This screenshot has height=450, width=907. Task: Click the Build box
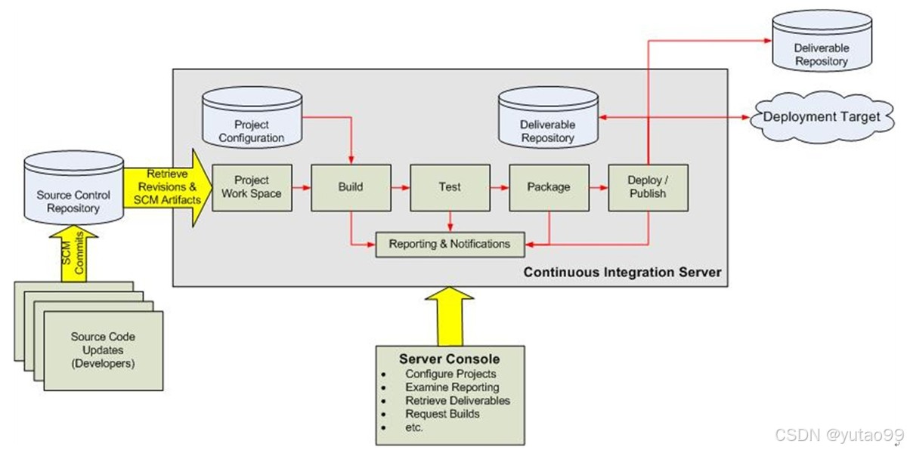coord(350,186)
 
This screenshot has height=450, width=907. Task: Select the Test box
coord(450,186)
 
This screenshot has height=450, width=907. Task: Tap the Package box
coord(549,186)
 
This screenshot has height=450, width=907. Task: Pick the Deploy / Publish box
coord(648,186)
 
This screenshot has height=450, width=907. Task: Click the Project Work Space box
coord(251,186)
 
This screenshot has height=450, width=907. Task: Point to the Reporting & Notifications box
coord(449,244)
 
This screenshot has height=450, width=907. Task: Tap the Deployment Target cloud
coord(822,117)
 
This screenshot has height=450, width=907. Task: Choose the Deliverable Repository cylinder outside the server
coord(821,45)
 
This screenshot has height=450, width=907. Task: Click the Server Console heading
coord(449,359)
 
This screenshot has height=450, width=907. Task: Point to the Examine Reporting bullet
coord(452,387)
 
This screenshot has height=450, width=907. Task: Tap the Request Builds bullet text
coord(442,414)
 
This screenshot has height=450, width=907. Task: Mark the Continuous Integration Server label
coord(622,272)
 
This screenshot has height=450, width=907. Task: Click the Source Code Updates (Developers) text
coord(103,350)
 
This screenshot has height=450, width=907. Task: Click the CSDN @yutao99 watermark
coord(839,436)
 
